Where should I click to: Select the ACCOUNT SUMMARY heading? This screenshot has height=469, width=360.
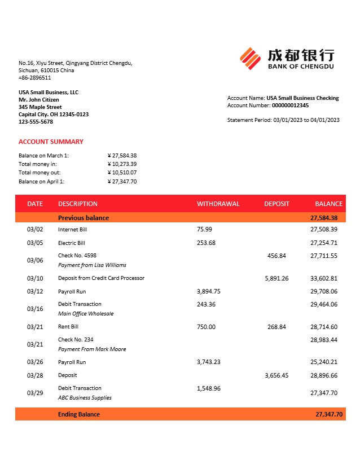click(x=51, y=142)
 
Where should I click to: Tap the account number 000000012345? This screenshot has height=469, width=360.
click(x=290, y=106)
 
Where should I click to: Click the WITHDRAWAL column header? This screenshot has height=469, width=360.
click(x=218, y=204)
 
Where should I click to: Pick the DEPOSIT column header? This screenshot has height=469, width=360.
click(x=276, y=204)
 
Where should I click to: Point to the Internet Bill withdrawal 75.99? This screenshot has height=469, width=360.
click(x=204, y=230)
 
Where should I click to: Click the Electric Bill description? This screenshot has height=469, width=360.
click(x=71, y=243)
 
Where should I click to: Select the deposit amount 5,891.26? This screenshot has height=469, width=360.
click(x=276, y=278)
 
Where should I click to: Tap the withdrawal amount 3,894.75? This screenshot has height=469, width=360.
click(x=208, y=292)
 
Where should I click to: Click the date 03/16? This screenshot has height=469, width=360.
click(x=35, y=309)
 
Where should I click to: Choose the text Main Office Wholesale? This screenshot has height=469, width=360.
click(x=86, y=314)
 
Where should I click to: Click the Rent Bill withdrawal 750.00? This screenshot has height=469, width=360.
click(x=206, y=327)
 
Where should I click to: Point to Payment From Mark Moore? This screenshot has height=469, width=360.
click(x=92, y=349)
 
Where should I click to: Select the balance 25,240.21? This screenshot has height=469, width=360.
click(x=324, y=362)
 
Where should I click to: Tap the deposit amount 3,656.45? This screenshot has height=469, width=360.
click(x=276, y=375)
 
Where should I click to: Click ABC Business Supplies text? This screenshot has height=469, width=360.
click(x=85, y=398)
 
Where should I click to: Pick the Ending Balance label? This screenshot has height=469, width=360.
click(x=78, y=414)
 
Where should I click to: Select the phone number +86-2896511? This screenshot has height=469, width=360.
click(x=34, y=78)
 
